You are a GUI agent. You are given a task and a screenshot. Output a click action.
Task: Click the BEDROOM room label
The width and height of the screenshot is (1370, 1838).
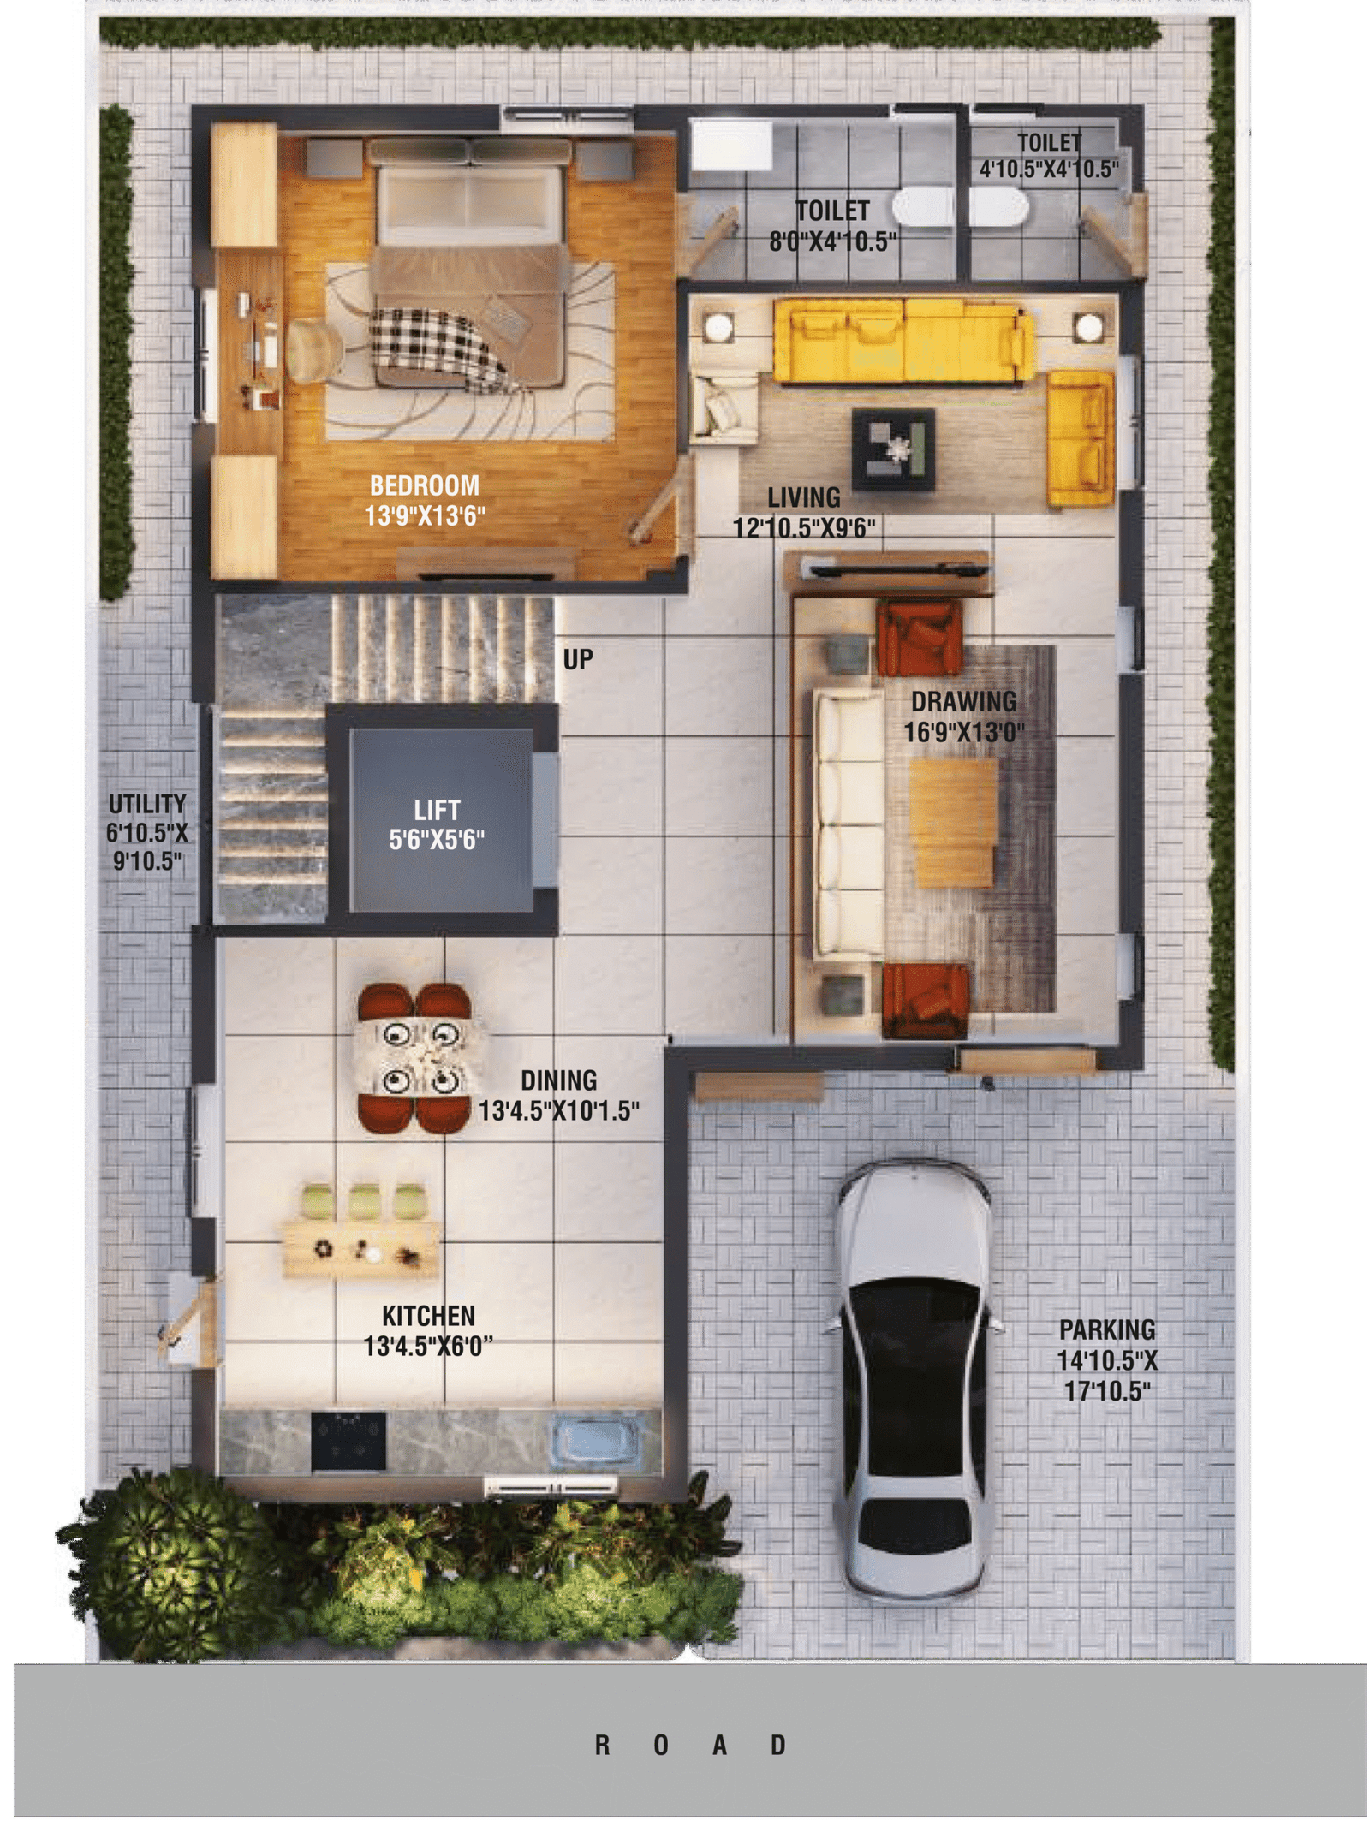(424, 485)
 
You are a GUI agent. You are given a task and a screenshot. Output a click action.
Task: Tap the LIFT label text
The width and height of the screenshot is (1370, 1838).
(437, 810)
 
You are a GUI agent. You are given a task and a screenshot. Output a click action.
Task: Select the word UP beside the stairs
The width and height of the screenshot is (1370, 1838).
(578, 659)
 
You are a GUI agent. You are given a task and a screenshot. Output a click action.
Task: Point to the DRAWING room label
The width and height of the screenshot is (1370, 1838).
(963, 701)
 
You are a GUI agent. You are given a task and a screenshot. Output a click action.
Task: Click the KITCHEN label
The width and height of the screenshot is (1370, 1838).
(428, 1315)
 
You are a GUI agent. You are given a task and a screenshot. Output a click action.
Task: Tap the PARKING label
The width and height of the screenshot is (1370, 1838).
(1107, 1329)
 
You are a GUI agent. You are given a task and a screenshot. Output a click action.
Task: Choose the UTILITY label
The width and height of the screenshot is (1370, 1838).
(146, 804)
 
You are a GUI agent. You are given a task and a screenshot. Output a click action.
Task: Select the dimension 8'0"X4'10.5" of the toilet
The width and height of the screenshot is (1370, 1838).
(832, 241)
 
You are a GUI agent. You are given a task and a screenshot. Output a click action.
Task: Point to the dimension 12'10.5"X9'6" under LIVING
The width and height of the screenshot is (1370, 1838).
(804, 527)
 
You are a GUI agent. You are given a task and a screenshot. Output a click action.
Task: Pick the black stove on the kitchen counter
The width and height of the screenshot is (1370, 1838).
(348, 1439)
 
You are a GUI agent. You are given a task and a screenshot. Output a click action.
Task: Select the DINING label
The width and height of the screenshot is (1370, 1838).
(558, 1080)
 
